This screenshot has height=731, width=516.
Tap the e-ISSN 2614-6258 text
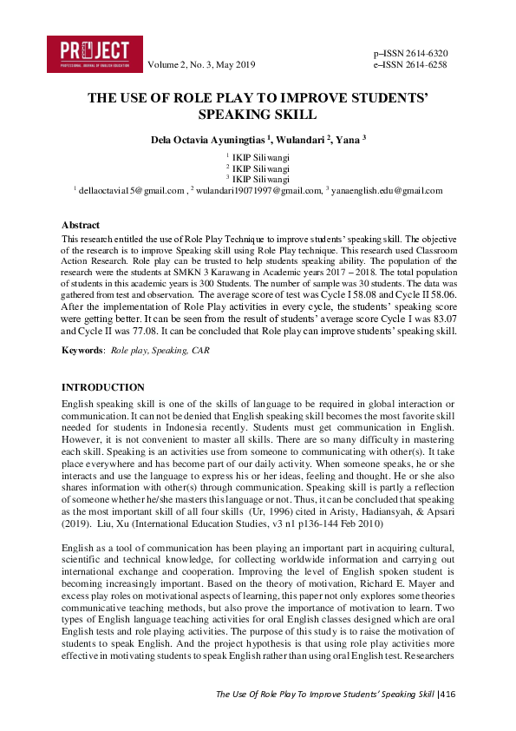pyautogui.click(x=409, y=64)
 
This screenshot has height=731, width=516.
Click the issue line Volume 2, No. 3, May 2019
pyautogui.click(x=202, y=65)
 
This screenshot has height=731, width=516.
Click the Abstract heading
pyautogui.click(x=82, y=225)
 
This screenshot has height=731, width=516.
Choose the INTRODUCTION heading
pyautogui.click(x=103, y=387)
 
